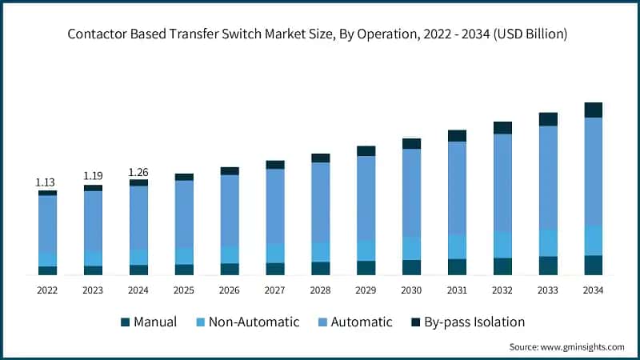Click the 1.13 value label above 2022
pos(47,182)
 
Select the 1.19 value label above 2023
pos(93,176)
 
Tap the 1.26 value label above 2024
pos(138,171)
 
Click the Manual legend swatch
pos(125,322)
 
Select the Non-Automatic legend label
pos(254,322)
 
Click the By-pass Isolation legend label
pos(474,322)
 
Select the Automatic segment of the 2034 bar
pos(593,171)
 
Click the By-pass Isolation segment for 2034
pos(593,110)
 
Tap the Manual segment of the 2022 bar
pos(47,270)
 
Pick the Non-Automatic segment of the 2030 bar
pos(411,248)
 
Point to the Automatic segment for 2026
pos(230,210)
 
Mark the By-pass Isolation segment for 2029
pos(366,150)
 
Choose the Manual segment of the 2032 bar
pos(502,266)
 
